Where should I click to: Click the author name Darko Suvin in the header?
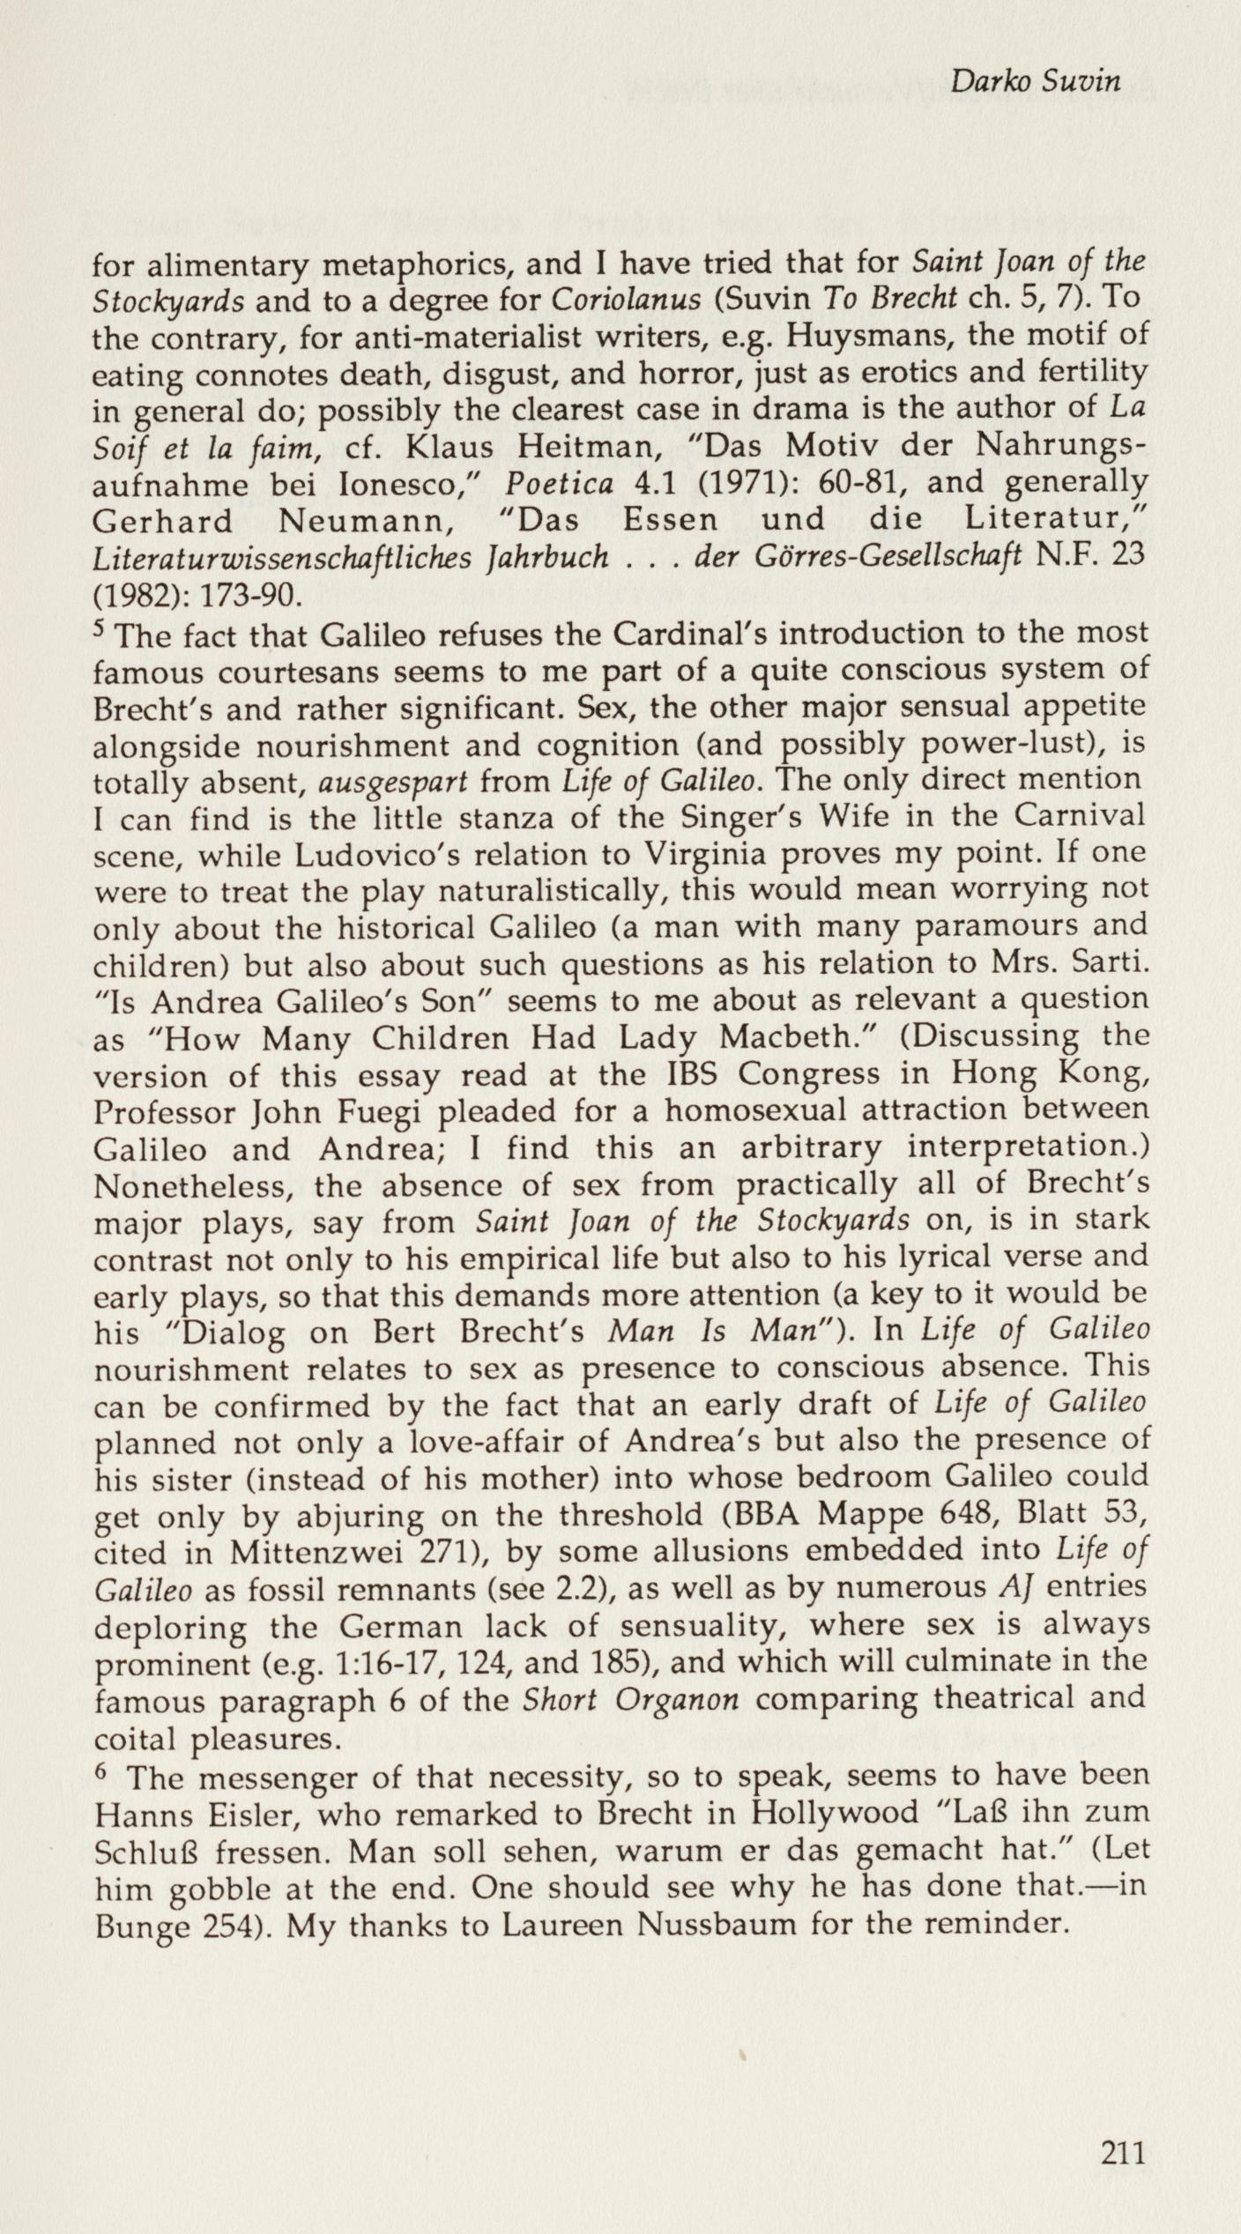(x=1035, y=82)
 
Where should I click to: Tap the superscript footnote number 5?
(x=99, y=630)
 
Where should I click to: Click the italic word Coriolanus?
(x=626, y=300)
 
